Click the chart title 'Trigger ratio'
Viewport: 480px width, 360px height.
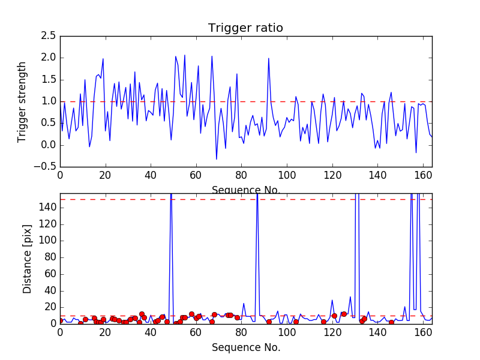tap(245, 28)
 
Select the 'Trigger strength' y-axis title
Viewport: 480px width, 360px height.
tap(22, 102)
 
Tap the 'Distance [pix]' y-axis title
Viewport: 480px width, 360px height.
tap(27, 259)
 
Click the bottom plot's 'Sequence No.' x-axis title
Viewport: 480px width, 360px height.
tap(246, 347)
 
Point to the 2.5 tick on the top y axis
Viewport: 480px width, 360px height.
tap(49, 36)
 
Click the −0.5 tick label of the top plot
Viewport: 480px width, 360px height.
tap(45, 167)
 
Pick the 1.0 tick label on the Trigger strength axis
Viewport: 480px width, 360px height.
tap(49, 101)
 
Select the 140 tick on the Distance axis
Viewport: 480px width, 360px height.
tap(47, 208)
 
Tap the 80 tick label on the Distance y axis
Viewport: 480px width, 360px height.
tap(50, 257)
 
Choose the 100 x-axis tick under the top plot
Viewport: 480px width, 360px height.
tap(287, 175)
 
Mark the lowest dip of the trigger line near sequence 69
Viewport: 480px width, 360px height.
tap(217, 159)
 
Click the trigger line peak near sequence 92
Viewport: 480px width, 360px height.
tap(268, 58)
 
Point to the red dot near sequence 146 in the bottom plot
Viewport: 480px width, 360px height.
tap(391, 322)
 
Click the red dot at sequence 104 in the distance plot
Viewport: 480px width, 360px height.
tap(296, 322)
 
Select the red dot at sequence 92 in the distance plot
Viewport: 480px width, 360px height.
tap(269, 322)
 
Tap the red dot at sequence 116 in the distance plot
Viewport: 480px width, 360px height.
tap(323, 322)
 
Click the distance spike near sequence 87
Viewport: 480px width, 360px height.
tap(257, 196)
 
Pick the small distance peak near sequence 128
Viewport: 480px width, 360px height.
tap(350, 297)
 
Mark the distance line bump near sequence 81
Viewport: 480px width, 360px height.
tap(244, 304)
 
